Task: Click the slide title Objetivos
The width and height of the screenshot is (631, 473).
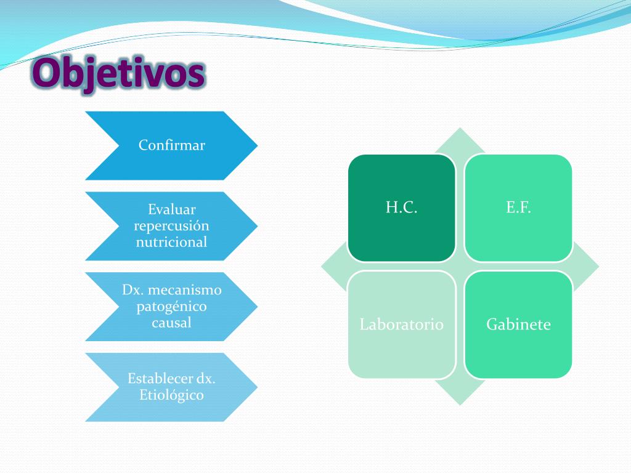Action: tap(118, 74)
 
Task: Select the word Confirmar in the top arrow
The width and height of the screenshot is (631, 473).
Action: tap(171, 145)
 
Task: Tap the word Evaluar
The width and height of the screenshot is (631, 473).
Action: tap(171, 210)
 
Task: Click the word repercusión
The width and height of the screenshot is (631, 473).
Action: tap(171, 226)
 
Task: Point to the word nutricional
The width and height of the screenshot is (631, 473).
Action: tap(171, 242)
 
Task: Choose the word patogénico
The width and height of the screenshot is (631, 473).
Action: tap(171, 306)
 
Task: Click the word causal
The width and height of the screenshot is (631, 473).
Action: tap(171, 322)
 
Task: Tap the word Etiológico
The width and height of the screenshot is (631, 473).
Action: tap(171, 395)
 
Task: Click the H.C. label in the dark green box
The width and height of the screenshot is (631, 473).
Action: tap(402, 208)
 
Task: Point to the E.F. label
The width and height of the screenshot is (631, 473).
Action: tap(518, 208)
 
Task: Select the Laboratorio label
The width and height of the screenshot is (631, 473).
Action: tap(402, 325)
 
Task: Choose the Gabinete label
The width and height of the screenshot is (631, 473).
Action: tap(518, 325)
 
